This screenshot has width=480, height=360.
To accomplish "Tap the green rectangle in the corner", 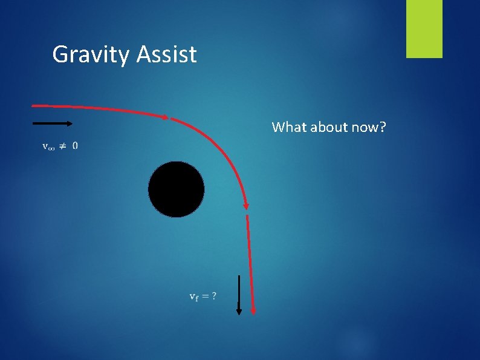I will pos(424,28).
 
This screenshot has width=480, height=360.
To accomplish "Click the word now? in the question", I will pos(372,127).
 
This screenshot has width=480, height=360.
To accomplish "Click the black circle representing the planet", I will pos(176,189).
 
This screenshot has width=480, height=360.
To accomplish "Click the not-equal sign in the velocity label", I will pos(62,146).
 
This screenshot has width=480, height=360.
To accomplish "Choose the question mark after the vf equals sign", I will pos(214,296).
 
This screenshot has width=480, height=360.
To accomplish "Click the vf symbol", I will pos(193,296).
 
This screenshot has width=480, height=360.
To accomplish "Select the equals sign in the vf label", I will pos(205,296).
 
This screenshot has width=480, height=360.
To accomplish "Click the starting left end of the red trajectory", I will pos(33,105).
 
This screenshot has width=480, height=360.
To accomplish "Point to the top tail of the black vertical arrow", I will pos(239,277).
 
